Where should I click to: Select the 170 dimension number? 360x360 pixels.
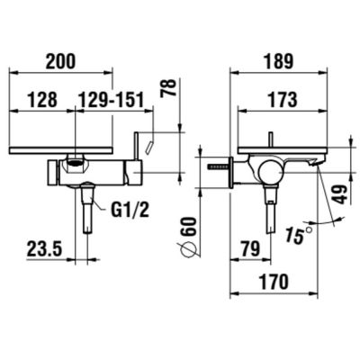coord(274,282)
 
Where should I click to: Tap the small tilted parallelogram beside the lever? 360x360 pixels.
coord(152,142)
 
